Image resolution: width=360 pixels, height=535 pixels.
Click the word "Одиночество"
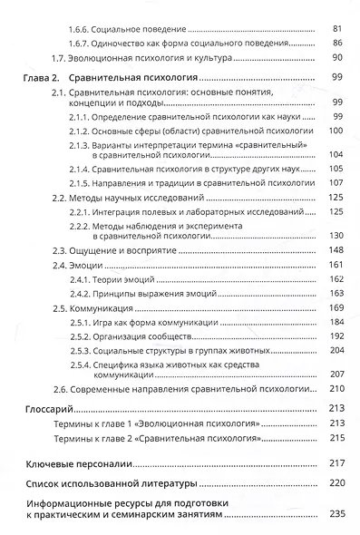click(127, 43)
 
